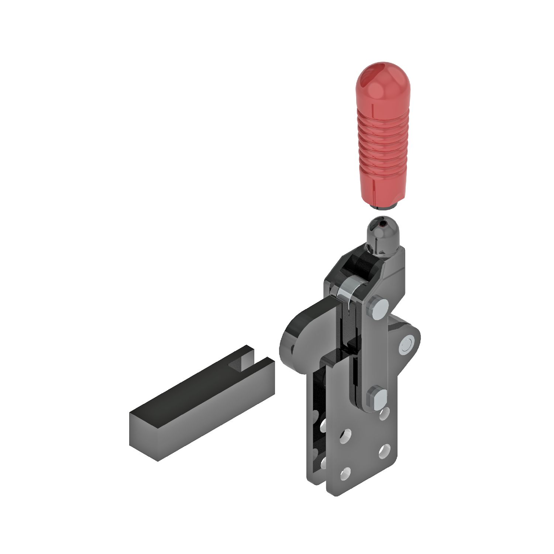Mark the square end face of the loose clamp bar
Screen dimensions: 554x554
[144, 435]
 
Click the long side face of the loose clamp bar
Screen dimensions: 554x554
[214, 417]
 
